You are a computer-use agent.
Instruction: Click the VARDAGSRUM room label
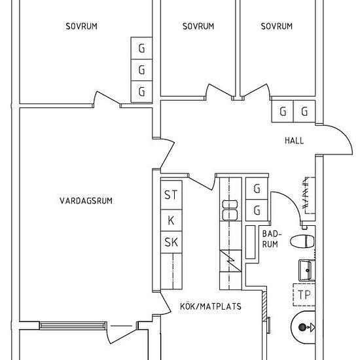pos(86,201)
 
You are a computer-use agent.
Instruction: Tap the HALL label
pos(294,141)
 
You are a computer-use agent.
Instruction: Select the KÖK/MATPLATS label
pos(211,306)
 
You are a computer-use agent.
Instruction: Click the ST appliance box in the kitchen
pos(171,194)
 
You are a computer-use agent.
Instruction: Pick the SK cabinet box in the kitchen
pos(171,242)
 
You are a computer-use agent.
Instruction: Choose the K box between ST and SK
pos(171,220)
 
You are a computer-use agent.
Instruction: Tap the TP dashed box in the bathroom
pos(304,295)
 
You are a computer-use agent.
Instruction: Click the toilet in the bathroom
pos(302,242)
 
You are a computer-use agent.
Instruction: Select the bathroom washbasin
pos(307,270)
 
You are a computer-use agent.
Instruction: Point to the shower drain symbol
pos(302,327)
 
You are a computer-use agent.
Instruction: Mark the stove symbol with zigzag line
pos(230,261)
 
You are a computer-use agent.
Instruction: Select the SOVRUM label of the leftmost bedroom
pos(82,26)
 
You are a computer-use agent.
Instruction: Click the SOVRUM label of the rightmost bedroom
pos(277,26)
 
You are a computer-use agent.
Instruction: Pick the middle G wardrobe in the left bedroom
pos(141,70)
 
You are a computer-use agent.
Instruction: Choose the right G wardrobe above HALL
pos(304,111)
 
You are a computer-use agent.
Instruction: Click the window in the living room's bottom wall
pos(73,325)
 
